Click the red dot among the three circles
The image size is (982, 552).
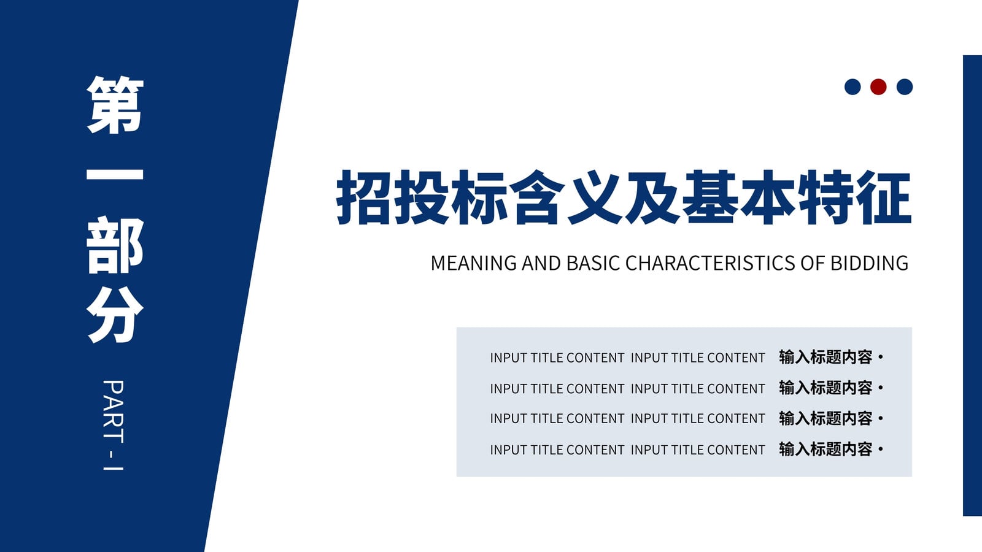point(878,86)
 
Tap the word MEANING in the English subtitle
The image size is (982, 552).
point(473,263)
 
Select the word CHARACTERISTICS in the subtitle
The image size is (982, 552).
point(710,263)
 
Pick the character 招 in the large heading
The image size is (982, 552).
point(363,197)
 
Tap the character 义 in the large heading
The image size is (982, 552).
point(595,197)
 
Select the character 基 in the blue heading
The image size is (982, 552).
point(711,197)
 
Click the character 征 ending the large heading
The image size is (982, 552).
point(884,197)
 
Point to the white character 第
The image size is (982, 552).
point(115,104)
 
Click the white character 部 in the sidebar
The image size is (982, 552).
point(115,245)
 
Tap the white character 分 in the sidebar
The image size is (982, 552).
point(115,315)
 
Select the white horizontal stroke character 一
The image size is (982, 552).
point(115,174)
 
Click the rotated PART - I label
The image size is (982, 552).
point(114,426)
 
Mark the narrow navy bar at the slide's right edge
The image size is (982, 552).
point(972,286)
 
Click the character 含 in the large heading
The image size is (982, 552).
point(537,197)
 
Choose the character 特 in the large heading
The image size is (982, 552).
point(826,197)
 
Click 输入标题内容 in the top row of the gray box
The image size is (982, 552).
point(825,357)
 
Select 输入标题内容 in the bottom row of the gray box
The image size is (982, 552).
point(825,449)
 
